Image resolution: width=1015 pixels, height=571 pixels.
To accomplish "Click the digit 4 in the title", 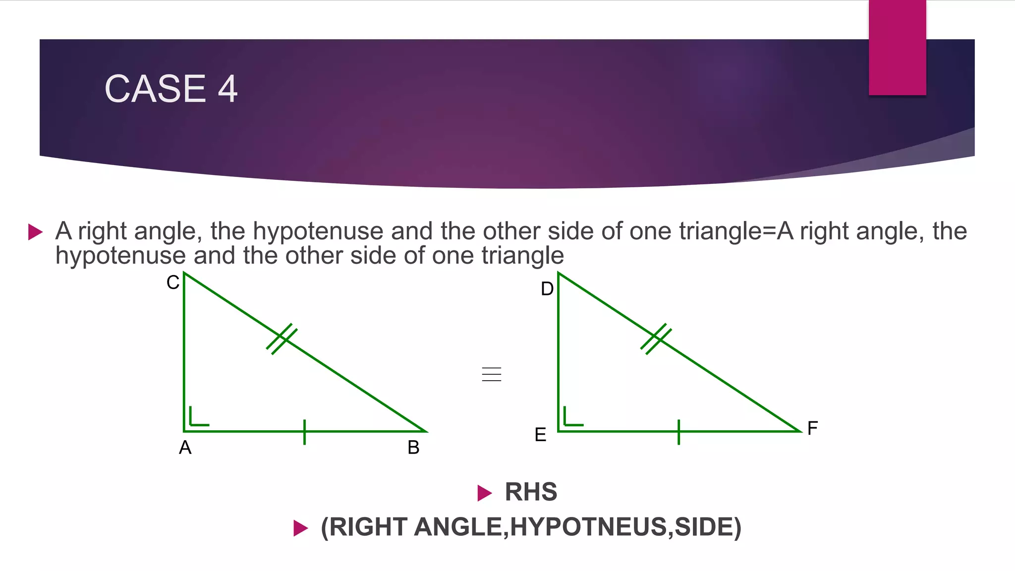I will (x=227, y=89).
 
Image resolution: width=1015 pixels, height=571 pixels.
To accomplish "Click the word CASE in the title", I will (x=155, y=89).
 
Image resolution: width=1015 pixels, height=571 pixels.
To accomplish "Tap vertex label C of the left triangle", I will (x=172, y=283).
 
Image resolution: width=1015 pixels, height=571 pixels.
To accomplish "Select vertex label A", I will (x=185, y=448).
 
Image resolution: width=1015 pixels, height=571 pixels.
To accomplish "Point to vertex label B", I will (x=413, y=448).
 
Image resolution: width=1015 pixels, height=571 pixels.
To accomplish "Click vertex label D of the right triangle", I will (x=547, y=289).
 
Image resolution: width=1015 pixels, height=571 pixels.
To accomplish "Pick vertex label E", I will (x=540, y=435).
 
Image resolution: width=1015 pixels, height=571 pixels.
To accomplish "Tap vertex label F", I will (x=812, y=428).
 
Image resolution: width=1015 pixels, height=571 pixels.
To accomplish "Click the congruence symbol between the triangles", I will (x=491, y=374).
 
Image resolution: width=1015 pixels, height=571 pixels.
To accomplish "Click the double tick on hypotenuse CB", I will (x=282, y=339).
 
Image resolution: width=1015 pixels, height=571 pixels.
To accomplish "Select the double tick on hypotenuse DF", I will (x=656, y=339).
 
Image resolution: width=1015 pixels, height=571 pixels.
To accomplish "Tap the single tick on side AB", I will (x=304, y=432).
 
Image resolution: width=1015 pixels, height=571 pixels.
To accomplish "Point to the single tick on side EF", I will (x=678, y=432).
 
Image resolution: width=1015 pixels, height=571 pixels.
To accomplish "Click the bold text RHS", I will (x=531, y=492).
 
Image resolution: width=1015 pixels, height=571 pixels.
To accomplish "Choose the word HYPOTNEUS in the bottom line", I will (x=588, y=527).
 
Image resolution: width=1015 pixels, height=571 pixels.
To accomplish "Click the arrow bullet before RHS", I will (x=484, y=493).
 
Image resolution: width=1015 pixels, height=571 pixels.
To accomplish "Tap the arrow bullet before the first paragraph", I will (x=36, y=231).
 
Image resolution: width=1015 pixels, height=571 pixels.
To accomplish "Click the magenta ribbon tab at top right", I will (x=897, y=47).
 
